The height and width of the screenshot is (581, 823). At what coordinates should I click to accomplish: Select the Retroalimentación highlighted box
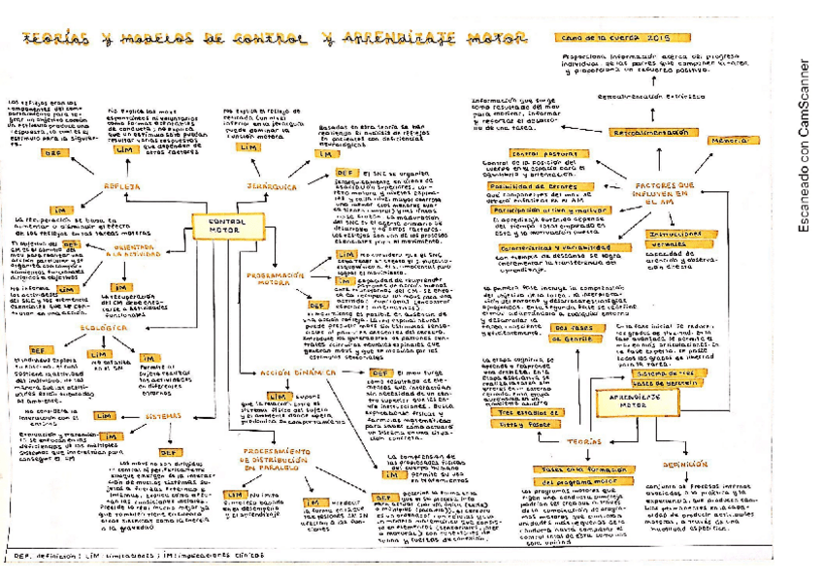pos(650,131)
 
